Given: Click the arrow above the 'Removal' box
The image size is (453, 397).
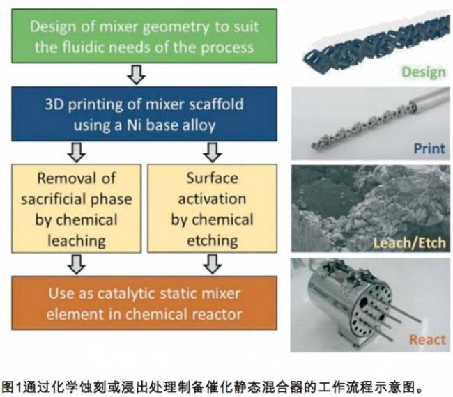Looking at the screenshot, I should [77, 150].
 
